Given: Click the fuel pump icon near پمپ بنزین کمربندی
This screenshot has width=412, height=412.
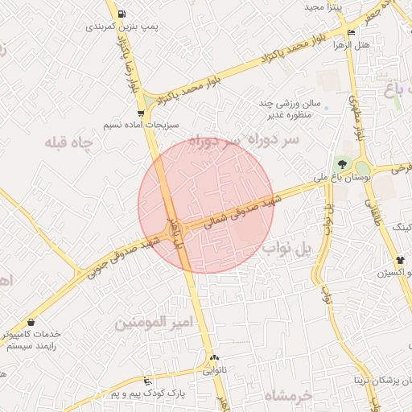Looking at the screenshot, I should click(x=121, y=14).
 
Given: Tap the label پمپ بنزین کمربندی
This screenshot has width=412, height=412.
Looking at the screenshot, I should click(x=122, y=27).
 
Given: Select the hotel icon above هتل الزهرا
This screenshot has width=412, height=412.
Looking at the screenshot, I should click(x=350, y=32).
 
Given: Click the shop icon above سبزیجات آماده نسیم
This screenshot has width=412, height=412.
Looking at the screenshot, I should click(x=142, y=113).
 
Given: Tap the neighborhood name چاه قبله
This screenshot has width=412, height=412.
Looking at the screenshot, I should click(x=69, y=142).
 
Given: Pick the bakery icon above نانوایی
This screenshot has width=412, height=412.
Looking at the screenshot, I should click(x=214, y=359).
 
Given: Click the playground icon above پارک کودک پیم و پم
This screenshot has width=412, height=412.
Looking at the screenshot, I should click(x=146, y=381).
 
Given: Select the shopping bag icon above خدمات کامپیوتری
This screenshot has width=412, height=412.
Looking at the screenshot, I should click(x=30, y=322).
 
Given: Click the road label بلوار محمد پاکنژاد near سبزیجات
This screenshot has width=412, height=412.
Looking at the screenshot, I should click(x=190, y=91).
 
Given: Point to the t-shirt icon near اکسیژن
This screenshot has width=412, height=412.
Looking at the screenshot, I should click(x=400, y=260).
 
